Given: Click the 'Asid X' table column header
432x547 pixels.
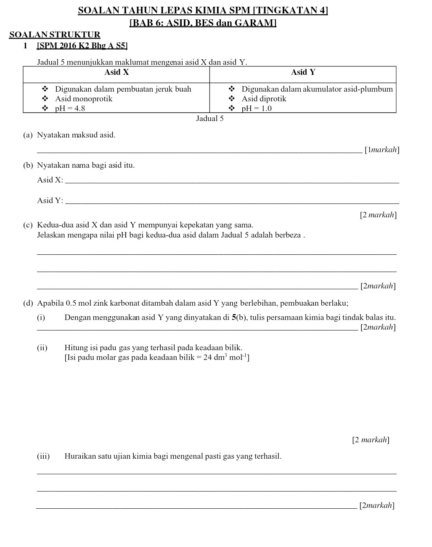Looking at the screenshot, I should coord(117,72).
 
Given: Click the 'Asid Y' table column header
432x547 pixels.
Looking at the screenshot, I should coord(303,72).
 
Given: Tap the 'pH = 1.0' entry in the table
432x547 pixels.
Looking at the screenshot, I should coord(257,108).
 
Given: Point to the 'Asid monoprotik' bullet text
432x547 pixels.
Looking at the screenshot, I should coord(84,99).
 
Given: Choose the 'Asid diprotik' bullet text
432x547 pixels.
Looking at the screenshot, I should coord(264,99).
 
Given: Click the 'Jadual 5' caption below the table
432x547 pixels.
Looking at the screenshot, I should coord(210,119).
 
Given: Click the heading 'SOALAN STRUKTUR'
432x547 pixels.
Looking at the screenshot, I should coord(55,35).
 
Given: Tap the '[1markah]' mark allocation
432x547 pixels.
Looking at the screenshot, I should coord(382,150).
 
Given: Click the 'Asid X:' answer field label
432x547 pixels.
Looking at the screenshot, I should coord(50,180).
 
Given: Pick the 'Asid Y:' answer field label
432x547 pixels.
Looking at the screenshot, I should coord(50,201).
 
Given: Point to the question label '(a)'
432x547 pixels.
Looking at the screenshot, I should coord(28,135).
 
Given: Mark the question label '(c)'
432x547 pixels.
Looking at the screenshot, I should coord(28,225).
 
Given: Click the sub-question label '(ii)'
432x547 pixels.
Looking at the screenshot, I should coord(42,348).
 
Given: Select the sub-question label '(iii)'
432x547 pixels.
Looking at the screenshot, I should coord(43,456).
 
